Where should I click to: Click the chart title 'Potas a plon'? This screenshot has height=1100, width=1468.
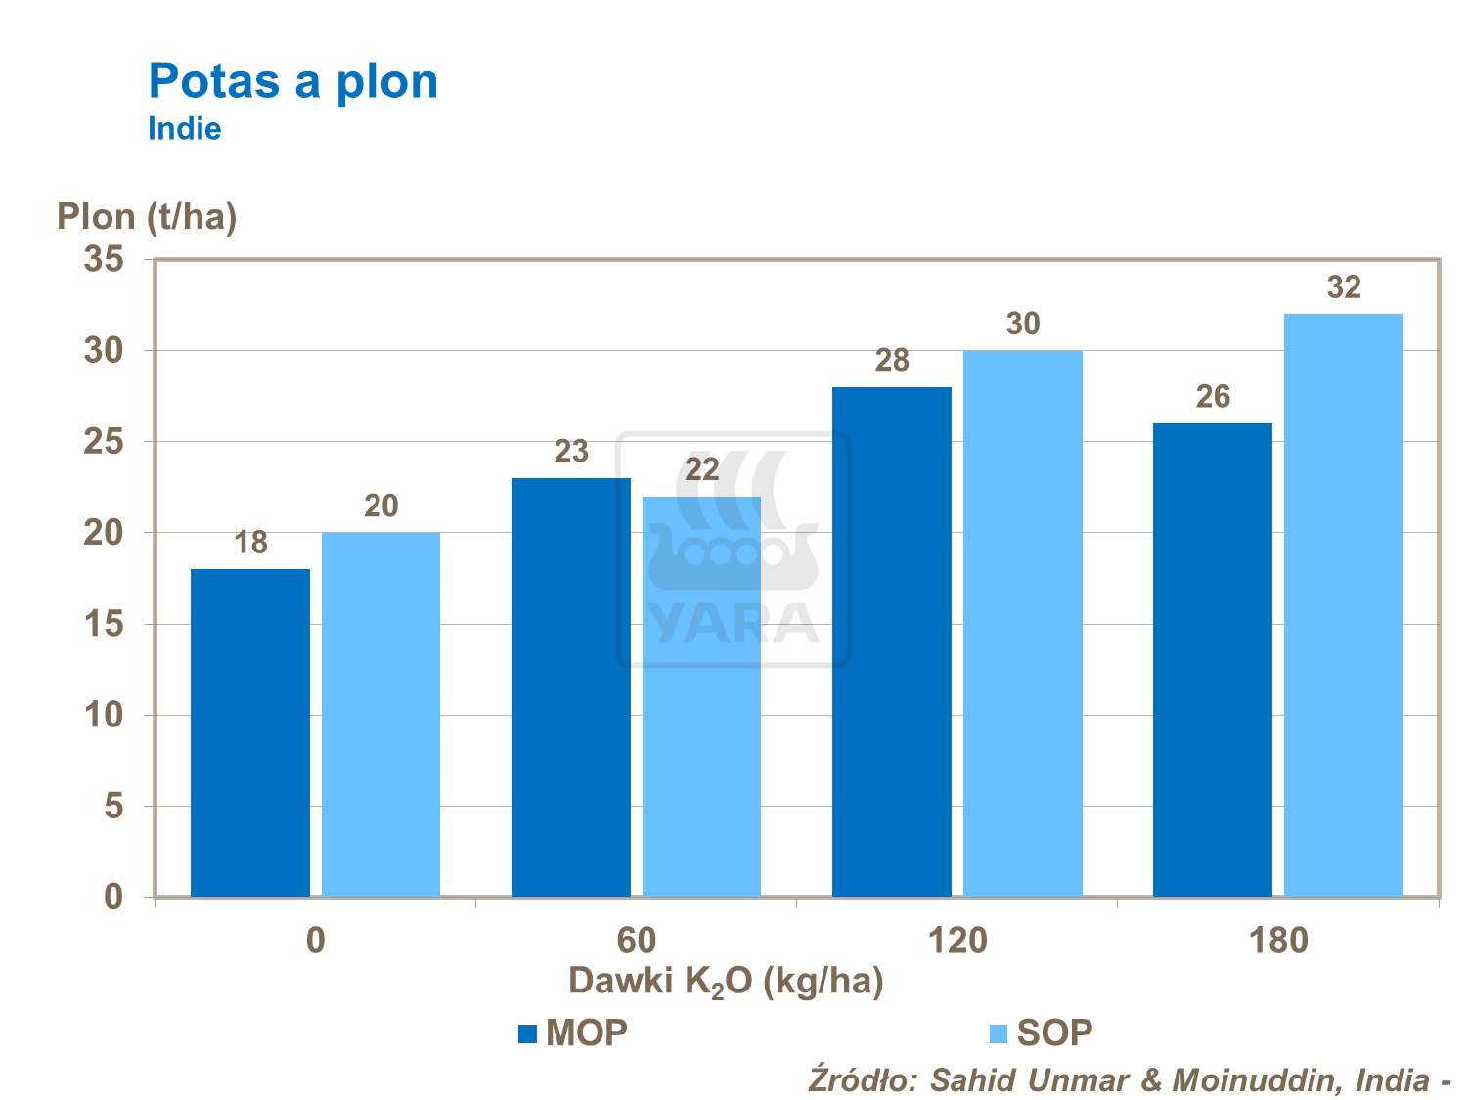pyautogui.click(x=292, y=81)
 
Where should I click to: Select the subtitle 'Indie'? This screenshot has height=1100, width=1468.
pyautogui.click(x=184, y=129)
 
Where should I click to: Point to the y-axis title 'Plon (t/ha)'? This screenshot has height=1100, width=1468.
pyautogui.click(x=147, y=216)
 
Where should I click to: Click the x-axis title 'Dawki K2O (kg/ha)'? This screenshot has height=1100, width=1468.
pyautogui.click(x=725, y=980)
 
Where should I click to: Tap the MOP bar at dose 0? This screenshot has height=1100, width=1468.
pyautogui.click(x=249, y=732)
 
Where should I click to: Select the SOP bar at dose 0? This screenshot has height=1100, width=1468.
pyautogui.click(x=380, y=714)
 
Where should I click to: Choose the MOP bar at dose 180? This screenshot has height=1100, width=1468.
pyautogui.click(x=1212, y=659)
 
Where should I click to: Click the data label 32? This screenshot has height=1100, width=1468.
pyautogui.click(x=1344, y=287)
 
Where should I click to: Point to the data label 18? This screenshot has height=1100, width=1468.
pyautogui.click(x=250, y=543)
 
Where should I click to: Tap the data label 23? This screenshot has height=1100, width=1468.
pyautogui.click(x=571, y=452)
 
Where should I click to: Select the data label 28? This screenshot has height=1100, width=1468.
pyautogui.click(x=892, y=361)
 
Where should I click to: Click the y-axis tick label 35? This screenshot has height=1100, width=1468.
pyautogui.click(x=104, y=260)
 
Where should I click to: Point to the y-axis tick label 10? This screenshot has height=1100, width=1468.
pyautogui.click(x=104, y=715)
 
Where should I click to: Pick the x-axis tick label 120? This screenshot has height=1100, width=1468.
pyautogui.click(x=957, y=941)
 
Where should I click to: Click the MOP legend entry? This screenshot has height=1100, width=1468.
pyautogui.click(x=573, y=1033)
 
